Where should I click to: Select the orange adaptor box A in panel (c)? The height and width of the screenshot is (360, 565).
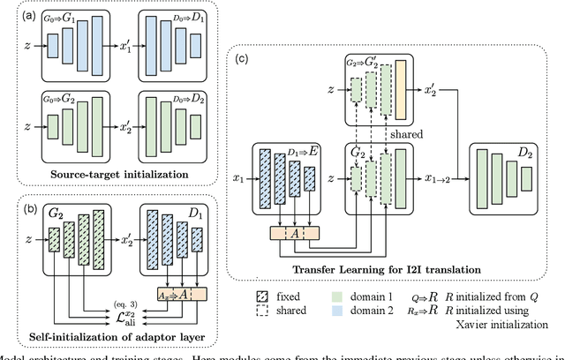[x=294, y=232]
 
